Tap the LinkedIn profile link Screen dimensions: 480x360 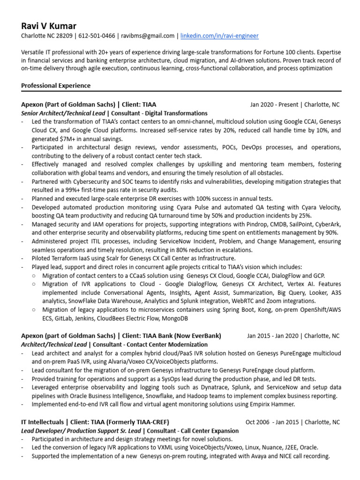click(219, 36)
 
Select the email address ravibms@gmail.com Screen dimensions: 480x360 click(148, 36)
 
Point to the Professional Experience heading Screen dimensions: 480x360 click(56, 86)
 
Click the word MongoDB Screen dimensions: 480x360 click(175, 318)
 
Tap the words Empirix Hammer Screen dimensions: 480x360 click(278, 404)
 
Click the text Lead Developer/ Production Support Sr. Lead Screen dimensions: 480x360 click(82, 430)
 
